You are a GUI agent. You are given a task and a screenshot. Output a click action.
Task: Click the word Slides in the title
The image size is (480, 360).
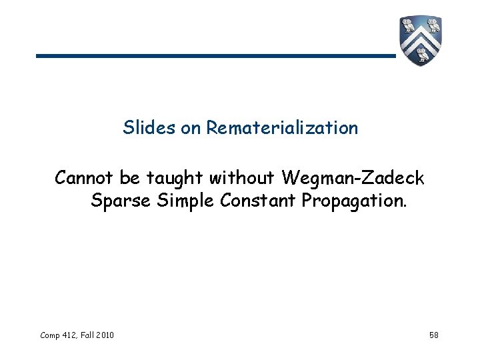(x=150, y=127)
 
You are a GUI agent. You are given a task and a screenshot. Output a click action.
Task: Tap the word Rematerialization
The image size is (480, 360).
(x=282, y=127)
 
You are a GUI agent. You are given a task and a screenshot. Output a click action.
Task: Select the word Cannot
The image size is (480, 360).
(x=85, y=178)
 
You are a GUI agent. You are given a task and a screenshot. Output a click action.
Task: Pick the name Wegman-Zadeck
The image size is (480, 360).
(x=353, y=178)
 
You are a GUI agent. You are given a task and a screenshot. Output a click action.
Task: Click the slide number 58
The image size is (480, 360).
(x=434, y=334)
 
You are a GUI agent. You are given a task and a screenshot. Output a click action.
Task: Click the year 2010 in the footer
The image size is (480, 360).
(x=104, y=334)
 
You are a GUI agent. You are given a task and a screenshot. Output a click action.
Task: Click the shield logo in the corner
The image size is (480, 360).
(x=421, y=40)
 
